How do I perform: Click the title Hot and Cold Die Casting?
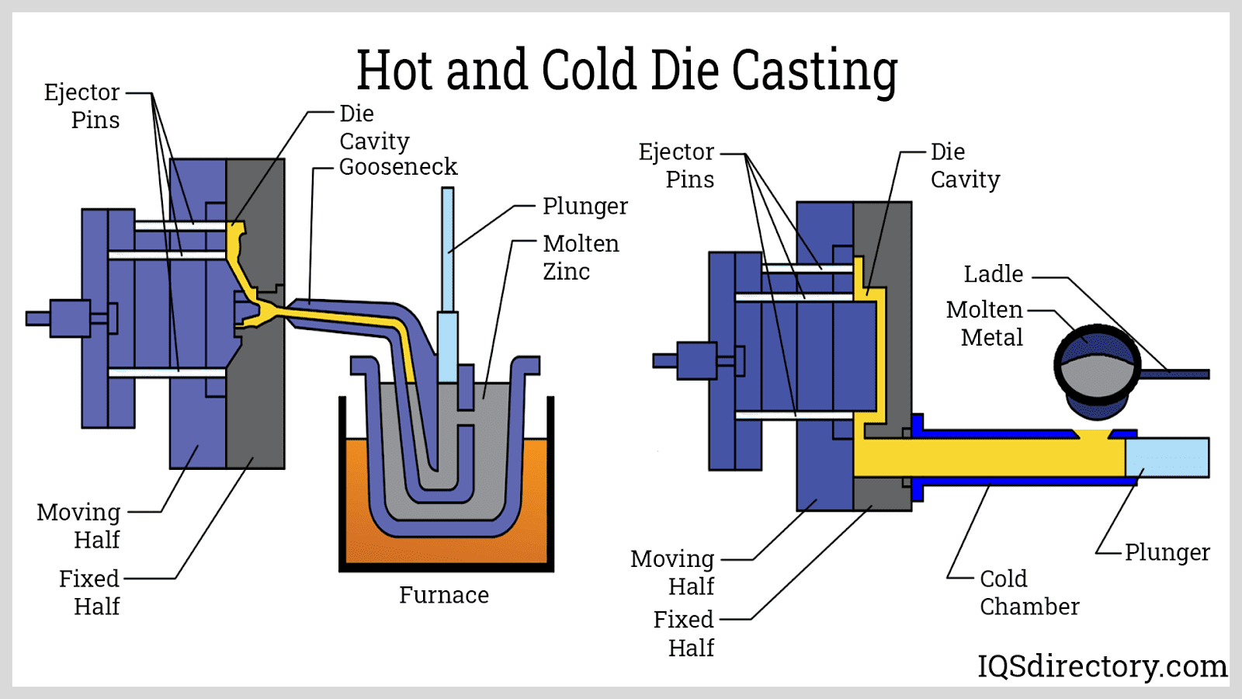tap(627, 70)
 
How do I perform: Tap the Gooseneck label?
tap(398, 167)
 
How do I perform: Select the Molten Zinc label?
tap(581, 257)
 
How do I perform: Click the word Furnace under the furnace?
tap(444, 595)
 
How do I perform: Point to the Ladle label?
tap(993, 274)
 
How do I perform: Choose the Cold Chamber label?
tap(1029, 593)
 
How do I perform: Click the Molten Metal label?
tap(984, 323)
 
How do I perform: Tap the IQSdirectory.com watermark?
tap(1101, 666)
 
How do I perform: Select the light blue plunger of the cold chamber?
tap(1167, 457)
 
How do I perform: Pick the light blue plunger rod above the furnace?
tap(448, 249)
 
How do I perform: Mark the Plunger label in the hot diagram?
tap(585, 207)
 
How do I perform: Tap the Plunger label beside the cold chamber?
tap(1167, 552)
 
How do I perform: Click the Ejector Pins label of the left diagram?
tap(82, 106)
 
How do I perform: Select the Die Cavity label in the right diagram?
tap(965, 165)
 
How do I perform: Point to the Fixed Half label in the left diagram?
tap(89, 592)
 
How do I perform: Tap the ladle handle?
tap(1176, 374)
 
